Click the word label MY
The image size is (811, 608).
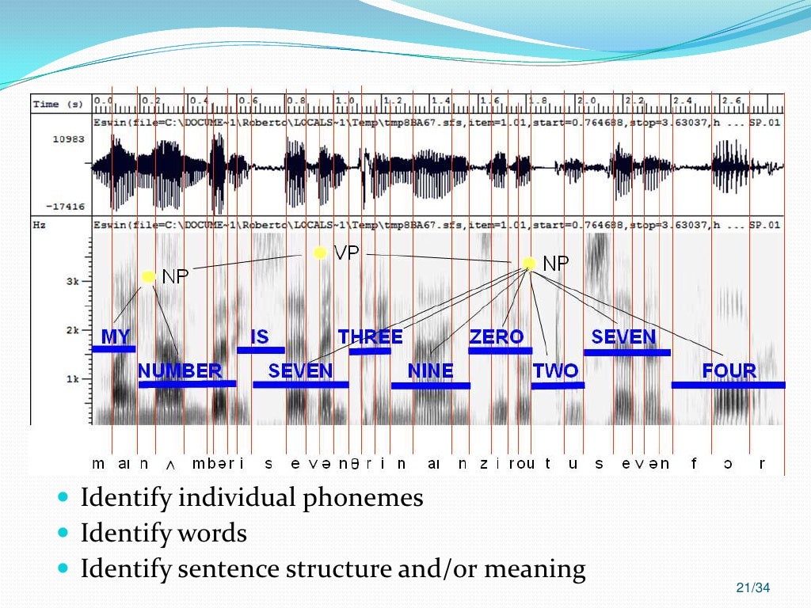point(116,336)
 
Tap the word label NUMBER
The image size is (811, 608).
point(180,370)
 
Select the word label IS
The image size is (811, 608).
point(260,336)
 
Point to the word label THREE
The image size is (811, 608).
point(370,336)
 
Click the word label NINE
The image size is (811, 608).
point(430,370)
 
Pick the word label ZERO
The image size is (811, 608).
point(497,336)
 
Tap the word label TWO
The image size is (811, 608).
point(555,370)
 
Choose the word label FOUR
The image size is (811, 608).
point(729,370)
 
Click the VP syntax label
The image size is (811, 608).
point(347,253)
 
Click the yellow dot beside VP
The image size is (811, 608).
point(319,253)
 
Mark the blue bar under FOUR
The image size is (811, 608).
point(728,386)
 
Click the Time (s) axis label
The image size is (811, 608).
point(57,104)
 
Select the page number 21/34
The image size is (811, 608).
point(752,587)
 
